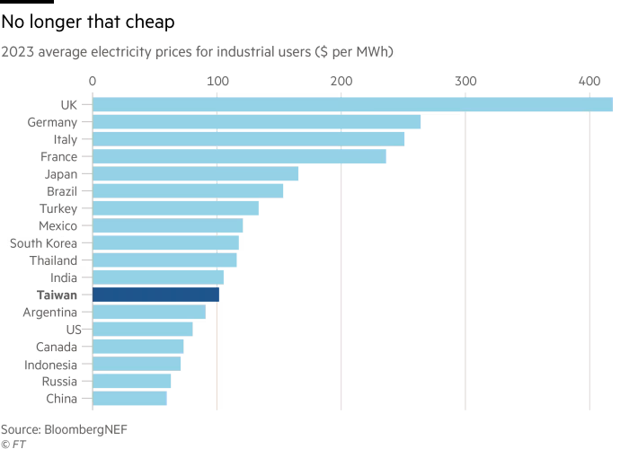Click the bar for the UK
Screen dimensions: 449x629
point(352,105)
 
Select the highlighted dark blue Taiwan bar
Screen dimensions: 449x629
point(155,295)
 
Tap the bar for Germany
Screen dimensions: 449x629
point(257,122)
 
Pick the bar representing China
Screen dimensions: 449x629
point(129,398)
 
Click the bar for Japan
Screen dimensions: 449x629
point(196,174)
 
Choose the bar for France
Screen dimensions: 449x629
point(239,156)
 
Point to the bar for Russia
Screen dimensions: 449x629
point(132,381)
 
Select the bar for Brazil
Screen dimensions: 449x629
point(188,191)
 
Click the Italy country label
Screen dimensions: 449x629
point(65,139)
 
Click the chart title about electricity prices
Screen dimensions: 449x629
point(198,52)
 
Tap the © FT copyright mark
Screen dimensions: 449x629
point(12,443)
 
